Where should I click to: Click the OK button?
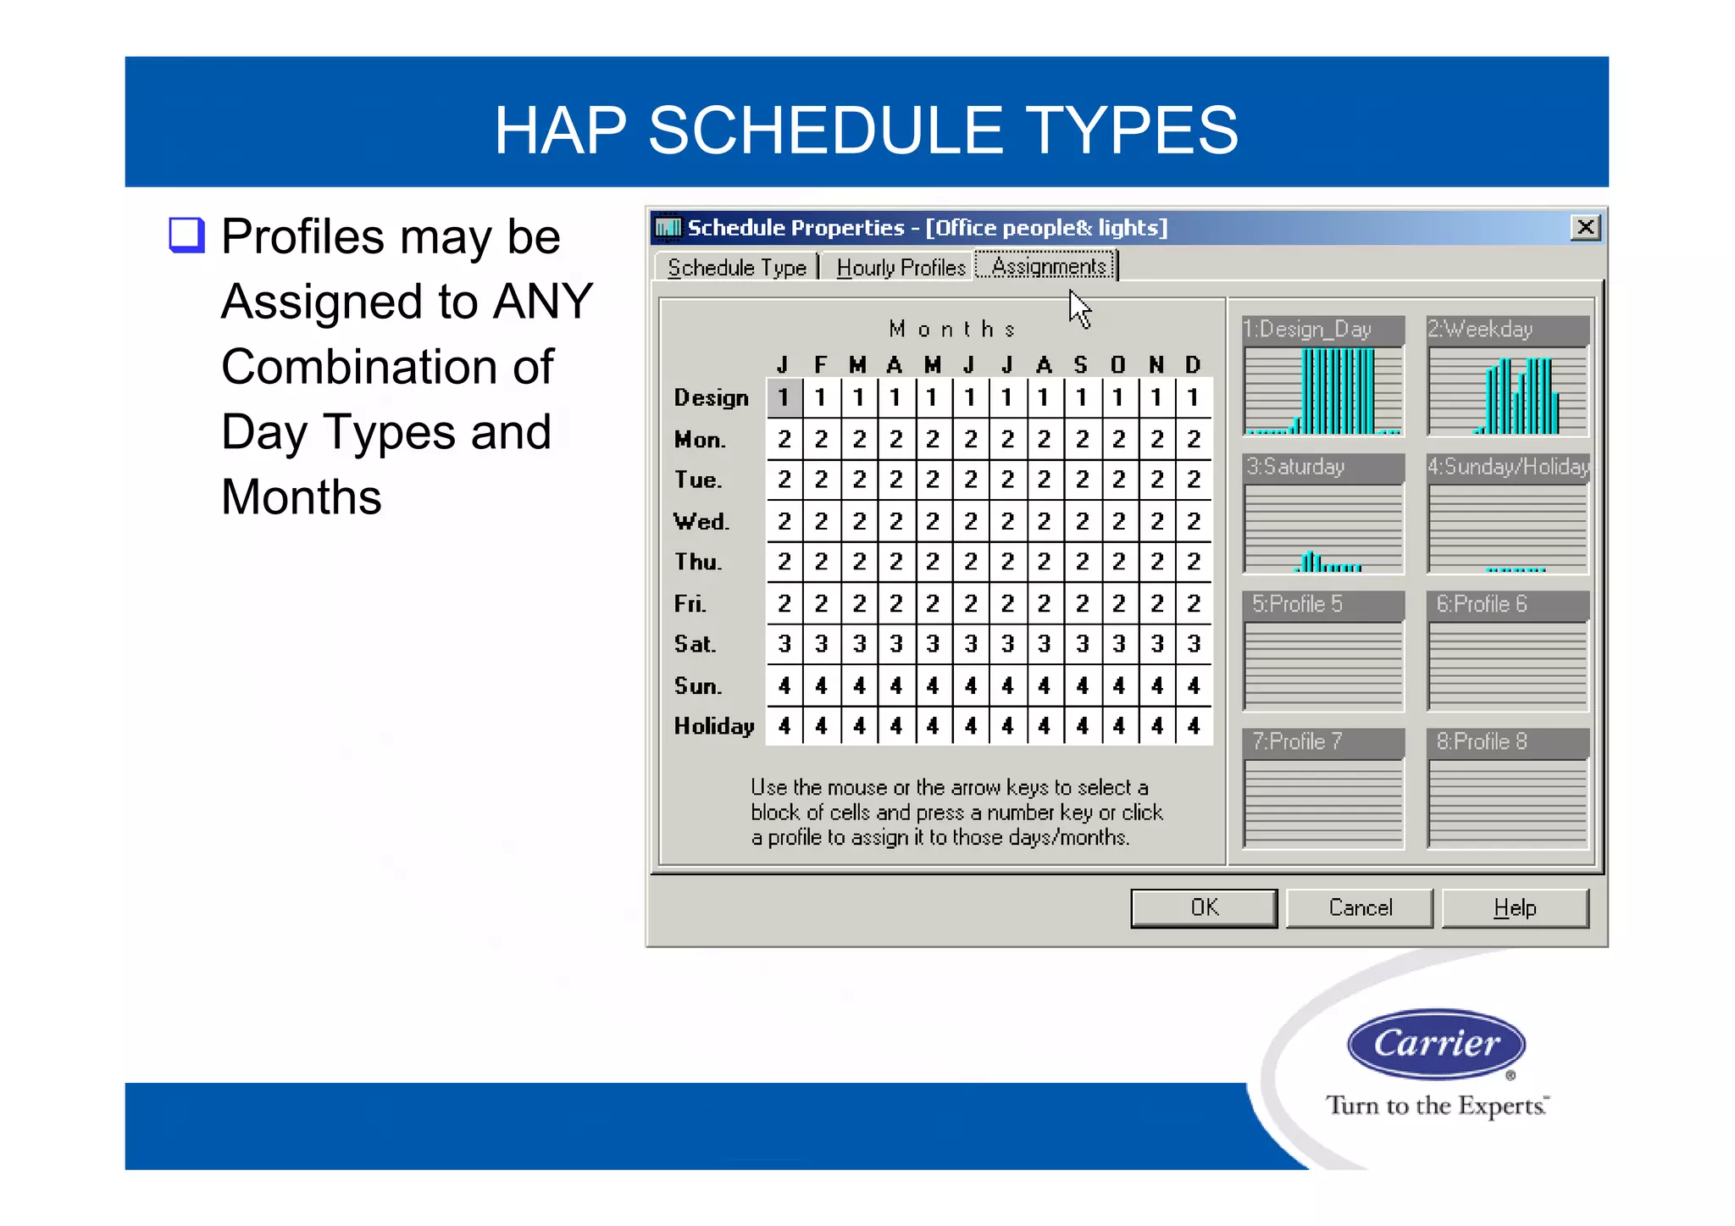1203,907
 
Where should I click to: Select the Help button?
1514,907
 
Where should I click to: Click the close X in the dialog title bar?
1585,227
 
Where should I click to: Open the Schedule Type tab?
736,268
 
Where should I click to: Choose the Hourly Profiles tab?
901,268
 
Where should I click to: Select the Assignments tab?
1048,266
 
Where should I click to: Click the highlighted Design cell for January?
784,397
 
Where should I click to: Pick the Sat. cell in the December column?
1194,644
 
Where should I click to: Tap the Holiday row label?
713,726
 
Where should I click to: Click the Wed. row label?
701,521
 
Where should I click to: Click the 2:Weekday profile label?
1480,330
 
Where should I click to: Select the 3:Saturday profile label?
1296,467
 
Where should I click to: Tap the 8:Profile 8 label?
1482,741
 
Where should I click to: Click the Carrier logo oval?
1436,1043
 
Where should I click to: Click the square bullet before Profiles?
186,236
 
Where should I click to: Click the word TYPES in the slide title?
1133,130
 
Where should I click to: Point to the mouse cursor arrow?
1078,308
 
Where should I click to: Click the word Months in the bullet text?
301,497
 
